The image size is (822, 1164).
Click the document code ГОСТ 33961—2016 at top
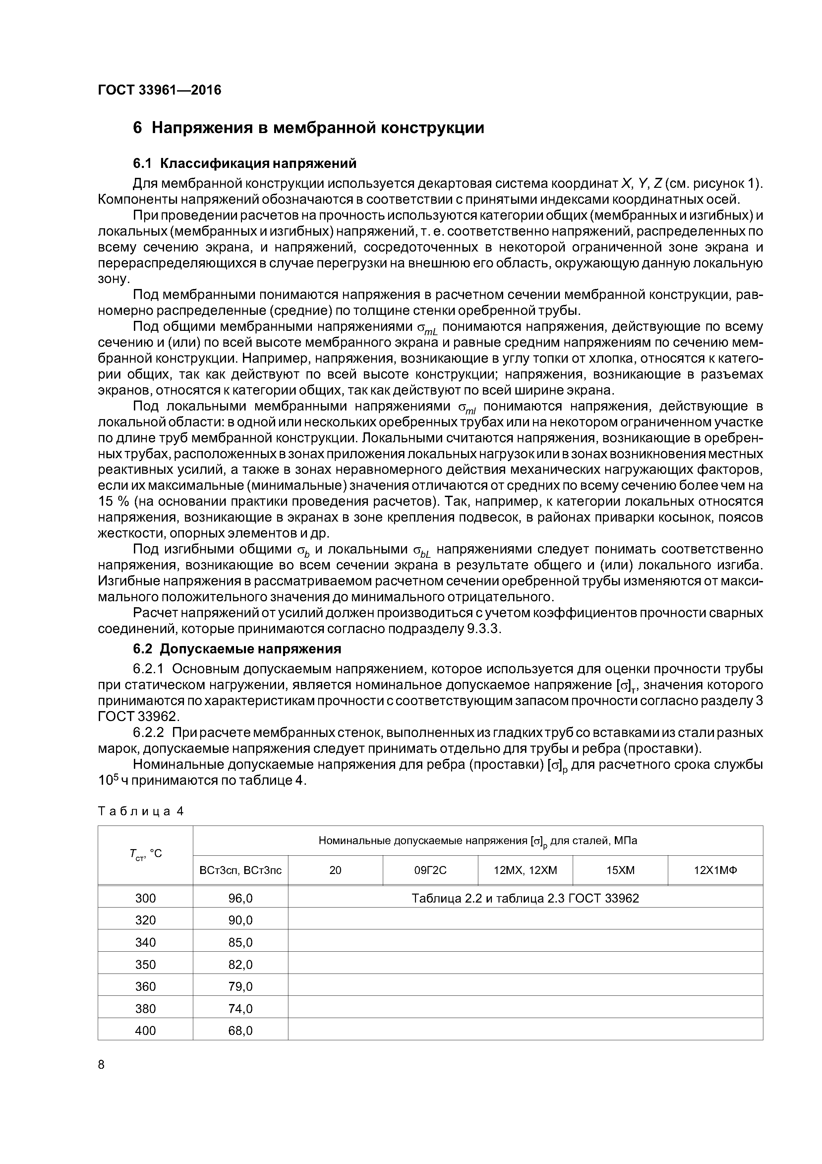coord(159,90)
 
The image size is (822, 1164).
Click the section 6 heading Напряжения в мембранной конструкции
coord(309,128)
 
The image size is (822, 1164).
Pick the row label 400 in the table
coord(146,1031)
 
